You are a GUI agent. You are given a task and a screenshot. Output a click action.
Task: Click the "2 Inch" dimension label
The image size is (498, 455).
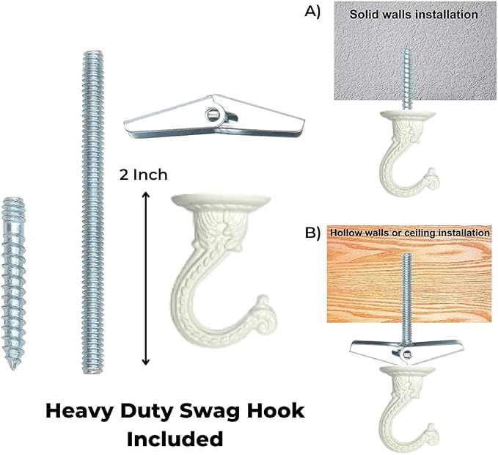click(143, 175)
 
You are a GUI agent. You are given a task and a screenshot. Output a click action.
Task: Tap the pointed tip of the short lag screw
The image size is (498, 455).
click(12, 368)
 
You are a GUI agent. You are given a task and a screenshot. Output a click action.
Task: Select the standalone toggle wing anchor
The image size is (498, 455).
click(214, 117)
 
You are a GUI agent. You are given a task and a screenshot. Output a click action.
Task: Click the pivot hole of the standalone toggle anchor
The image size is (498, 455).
click(211, 114)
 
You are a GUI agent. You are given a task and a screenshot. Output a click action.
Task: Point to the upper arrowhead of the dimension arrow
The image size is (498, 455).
click(145, 194)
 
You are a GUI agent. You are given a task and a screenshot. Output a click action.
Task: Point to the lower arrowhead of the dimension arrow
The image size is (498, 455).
click(145, 362)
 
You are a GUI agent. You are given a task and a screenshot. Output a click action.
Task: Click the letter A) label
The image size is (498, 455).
click(312, 12)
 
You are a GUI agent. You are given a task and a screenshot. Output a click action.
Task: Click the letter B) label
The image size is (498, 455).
click(312, 233)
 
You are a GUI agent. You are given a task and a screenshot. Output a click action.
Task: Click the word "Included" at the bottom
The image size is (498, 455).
click(175, 439)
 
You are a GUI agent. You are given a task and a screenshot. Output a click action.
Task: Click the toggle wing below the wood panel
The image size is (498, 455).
click(406, 351)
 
